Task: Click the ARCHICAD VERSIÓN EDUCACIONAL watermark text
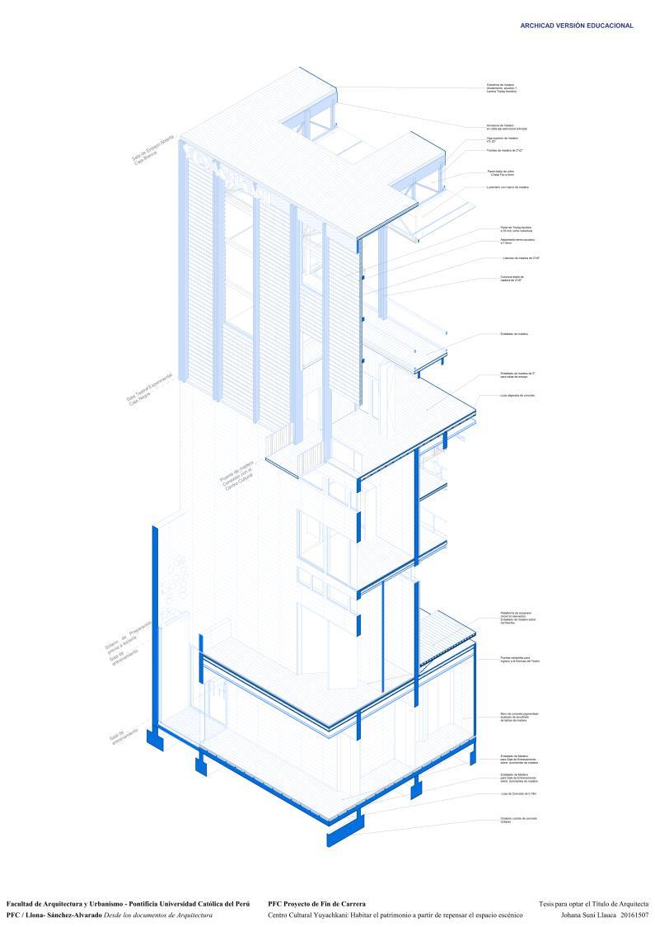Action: point(577,26)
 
